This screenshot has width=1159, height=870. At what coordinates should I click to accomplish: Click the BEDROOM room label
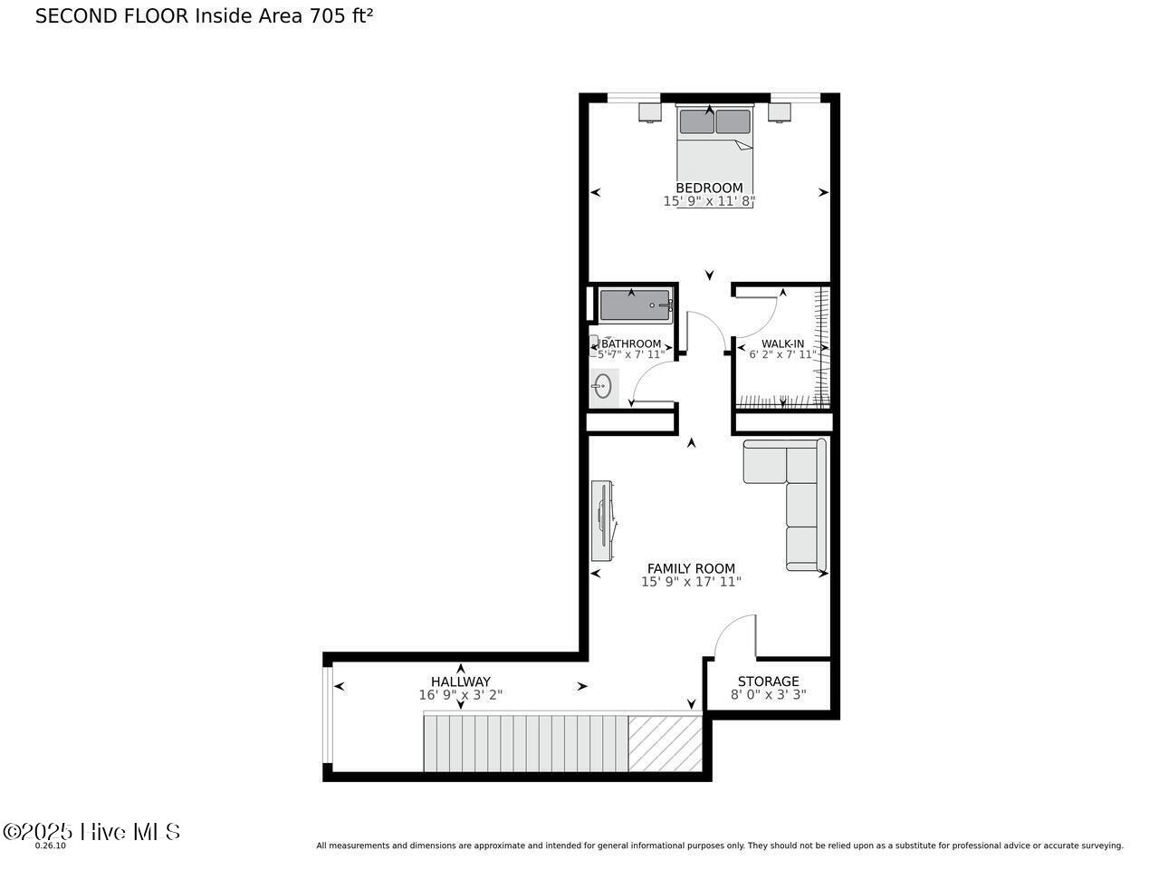click(x=709, y=188)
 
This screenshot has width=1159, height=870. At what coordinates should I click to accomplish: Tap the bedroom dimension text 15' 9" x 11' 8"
click(x=709, y=201)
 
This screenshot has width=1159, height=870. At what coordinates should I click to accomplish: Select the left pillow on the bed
click(x=696, y=121)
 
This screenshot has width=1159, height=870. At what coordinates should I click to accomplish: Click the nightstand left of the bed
click(x=649, y=112)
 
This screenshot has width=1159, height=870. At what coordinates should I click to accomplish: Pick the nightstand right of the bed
click(x=780, y=112)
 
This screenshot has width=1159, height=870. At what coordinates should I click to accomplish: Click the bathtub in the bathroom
click(x=635, y=305)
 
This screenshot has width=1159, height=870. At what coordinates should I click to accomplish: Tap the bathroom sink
click(x=602, y=388)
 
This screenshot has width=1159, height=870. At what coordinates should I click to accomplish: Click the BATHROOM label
click(x=631, y=343)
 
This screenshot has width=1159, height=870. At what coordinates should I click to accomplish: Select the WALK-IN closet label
click(x=782, y=343)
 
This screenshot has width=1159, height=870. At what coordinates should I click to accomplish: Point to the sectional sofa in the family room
click(x=801, y=507)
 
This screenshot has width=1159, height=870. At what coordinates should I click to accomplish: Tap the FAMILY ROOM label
click(x=691, y=568)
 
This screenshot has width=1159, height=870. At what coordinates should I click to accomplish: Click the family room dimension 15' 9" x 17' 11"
click(x=691, y=582)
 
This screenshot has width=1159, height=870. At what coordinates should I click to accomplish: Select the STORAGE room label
click(x=768, y=681)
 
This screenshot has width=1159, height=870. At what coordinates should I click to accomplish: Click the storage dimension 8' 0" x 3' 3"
click(x=768, y=695)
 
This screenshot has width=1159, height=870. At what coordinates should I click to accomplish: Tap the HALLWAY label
click(x=460, y=681)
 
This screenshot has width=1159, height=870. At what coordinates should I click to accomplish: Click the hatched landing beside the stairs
click(x=666, y=743)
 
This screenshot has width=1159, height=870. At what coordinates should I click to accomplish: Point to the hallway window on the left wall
click(x=328, y=716)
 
